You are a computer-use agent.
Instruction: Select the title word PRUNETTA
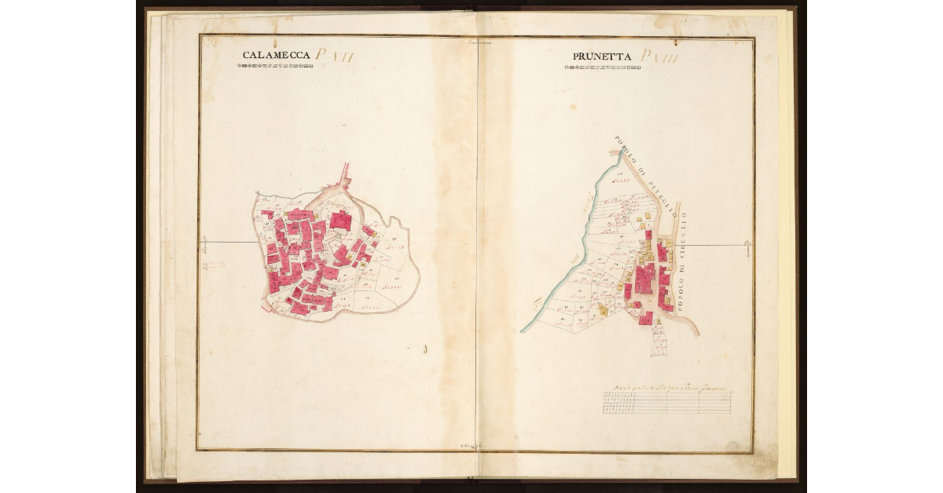click(x=603, y=56)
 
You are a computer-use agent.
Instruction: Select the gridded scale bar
click(x=668, y=403)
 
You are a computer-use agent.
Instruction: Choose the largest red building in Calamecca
click(x=341, y=221)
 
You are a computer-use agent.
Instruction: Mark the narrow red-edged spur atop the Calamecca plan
click(x=343, y=177)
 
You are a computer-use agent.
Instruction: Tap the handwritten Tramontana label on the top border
click(x=477, y=42)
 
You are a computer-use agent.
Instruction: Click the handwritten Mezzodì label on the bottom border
click(x=472, y=446)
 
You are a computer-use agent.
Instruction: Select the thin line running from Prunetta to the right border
click(x=715, y=245)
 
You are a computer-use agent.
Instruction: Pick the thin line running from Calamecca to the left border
click(x=228, y=242)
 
